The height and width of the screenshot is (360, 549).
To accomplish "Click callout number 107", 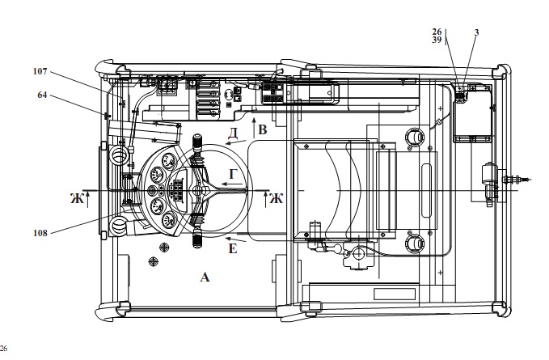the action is click(40, 71).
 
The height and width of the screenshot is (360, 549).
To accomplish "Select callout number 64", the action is click(42, 95).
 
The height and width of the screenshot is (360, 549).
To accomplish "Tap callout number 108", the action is click(40, 233).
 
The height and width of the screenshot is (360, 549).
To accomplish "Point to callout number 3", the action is click(476, 32).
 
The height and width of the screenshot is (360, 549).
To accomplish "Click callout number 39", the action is click(437, 40).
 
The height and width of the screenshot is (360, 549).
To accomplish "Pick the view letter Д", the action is click(233, 133).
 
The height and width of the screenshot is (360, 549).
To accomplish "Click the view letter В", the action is click(263, 130).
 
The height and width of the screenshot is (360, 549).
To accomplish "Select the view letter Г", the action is click(234, 174).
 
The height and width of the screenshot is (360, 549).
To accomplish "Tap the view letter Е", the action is click(233, 249).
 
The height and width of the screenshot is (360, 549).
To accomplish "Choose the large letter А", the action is click(205, 277).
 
